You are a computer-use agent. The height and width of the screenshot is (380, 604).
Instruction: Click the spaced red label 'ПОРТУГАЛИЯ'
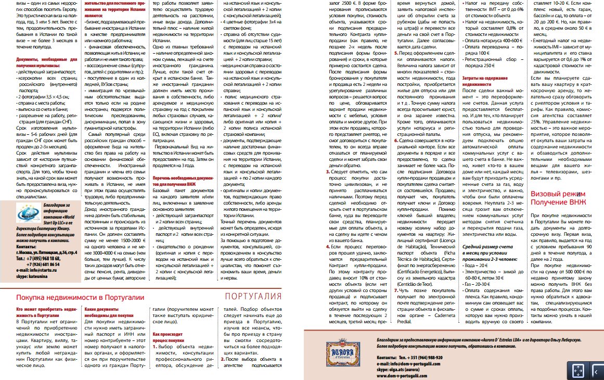pyautogui.click(x=253, y=297)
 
